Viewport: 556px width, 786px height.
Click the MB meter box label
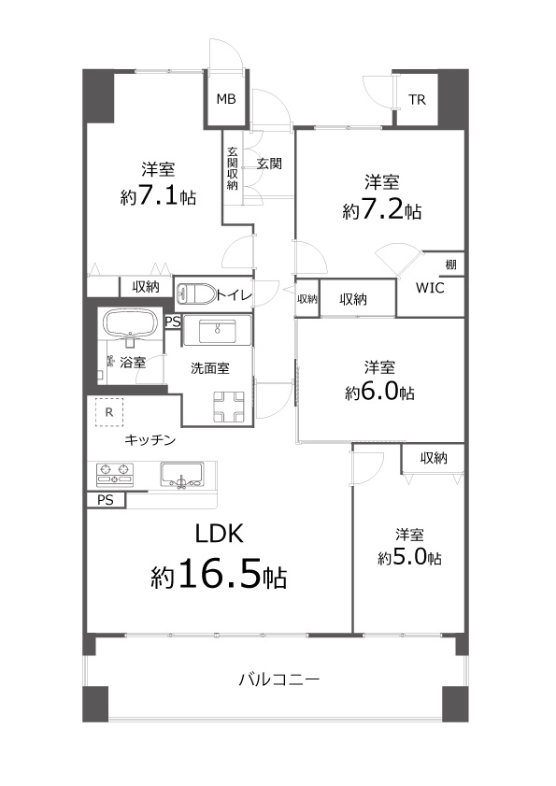tap(226, 99)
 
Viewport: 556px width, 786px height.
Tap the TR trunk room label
tap(417, 100)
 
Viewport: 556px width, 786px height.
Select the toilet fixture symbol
tap(196, 293)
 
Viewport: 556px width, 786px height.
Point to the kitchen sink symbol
tap(182, 475)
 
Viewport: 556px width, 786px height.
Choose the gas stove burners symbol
tap(115, 475)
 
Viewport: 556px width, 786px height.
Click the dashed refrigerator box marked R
tap(109, 412)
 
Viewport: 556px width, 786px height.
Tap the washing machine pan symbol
tap(229, 407)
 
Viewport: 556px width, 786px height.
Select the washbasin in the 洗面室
tap(217, 330)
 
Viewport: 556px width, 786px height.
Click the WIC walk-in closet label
tap(430, 288)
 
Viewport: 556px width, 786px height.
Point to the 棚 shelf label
tap(450, 264)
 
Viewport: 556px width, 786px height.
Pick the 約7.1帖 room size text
tap(158, 196)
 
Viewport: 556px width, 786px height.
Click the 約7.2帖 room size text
tap(381, 210)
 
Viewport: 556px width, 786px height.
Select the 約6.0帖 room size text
tap(379, 392)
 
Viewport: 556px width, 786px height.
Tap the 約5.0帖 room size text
tap(409, 557)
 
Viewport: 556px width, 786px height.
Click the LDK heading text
tap(219, 535)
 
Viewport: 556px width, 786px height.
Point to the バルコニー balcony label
tap(278, 680)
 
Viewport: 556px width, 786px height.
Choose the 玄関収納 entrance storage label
tap(232, 168)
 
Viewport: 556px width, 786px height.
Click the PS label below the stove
tap(106, 500)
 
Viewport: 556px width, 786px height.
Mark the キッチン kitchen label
tap(150, 440)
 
